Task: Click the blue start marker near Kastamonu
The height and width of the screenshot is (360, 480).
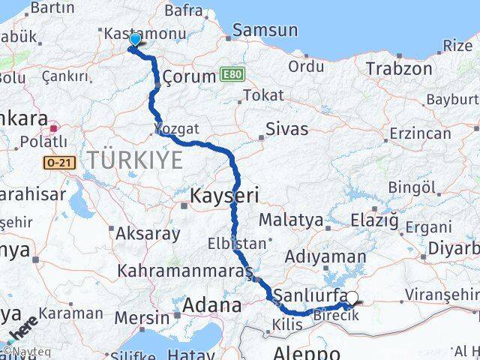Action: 135,40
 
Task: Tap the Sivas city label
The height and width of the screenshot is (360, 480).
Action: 286,129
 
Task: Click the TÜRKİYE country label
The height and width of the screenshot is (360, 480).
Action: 135,159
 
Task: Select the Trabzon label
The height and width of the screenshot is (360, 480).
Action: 399,69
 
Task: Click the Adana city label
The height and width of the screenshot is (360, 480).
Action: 214,305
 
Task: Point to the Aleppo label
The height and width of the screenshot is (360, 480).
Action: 307,352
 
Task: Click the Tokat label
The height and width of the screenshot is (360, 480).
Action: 262,95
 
